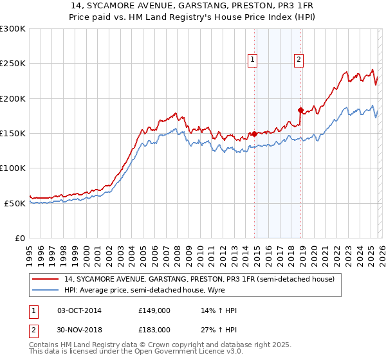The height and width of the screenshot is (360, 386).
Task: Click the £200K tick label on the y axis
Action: tap(13, 98)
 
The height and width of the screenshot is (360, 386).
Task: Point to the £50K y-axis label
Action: tap(15, 203)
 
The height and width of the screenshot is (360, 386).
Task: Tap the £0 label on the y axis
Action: tap(20, 238)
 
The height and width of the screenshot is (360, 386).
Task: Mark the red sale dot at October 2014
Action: tap(254, 134)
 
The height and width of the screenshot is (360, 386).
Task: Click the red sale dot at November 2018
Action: tap(300, 111)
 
